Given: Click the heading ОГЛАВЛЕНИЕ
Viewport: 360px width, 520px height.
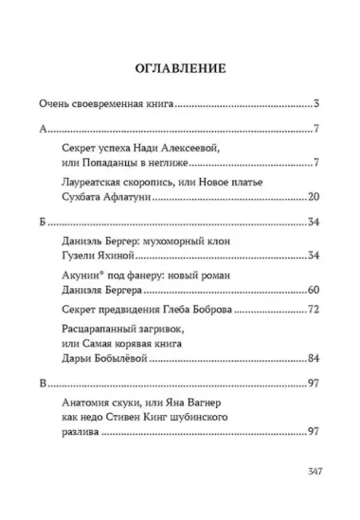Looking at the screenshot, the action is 179,68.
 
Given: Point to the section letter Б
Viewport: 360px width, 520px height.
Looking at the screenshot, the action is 41,223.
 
